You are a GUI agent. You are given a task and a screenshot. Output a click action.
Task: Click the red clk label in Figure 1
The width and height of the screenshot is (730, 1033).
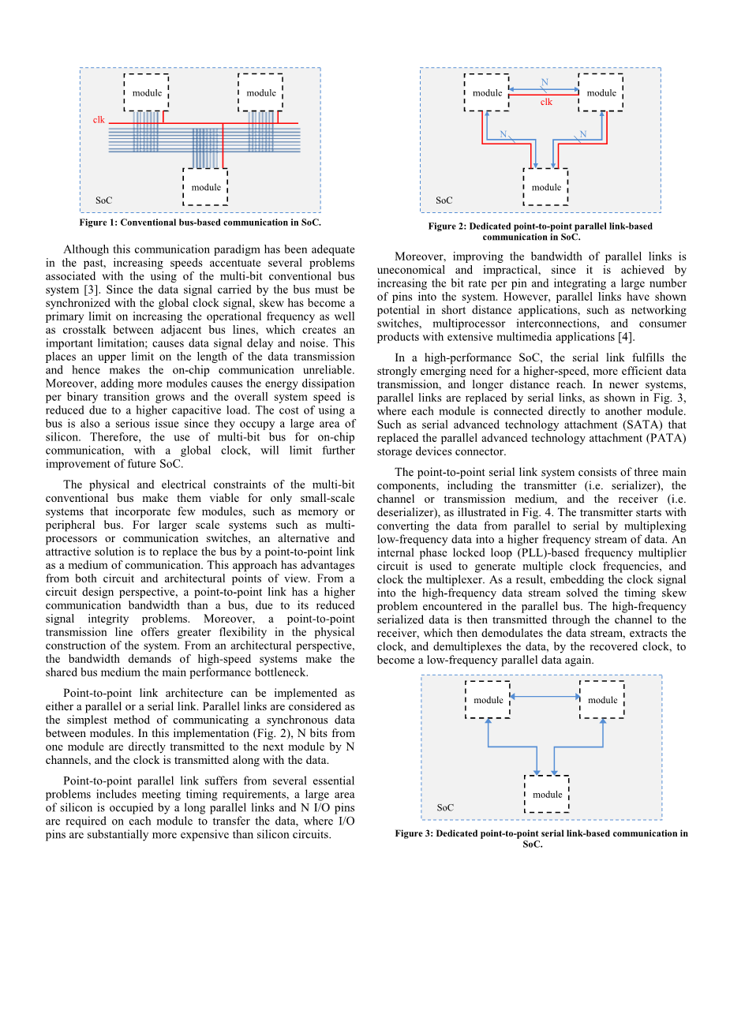[x=99, y=120]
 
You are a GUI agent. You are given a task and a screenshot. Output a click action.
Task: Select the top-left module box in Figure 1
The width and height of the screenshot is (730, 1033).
[x=146, y=92]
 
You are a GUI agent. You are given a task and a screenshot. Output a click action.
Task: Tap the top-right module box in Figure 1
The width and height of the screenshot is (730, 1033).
[x=260, y=92]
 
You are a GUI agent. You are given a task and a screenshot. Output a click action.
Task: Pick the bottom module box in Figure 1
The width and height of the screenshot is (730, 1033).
[x=205, y=187]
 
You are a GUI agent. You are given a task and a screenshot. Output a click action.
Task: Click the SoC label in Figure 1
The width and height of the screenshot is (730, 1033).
[x=103, y=200]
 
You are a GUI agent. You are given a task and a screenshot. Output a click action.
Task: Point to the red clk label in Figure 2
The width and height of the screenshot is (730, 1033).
[x=546, y=103]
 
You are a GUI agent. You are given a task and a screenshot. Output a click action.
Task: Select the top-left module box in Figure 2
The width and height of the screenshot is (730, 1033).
[x=487, y=92]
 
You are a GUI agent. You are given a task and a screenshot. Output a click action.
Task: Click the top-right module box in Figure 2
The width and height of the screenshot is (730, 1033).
[x=601, y=92]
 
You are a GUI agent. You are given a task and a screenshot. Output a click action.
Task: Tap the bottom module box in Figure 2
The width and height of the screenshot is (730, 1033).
[x=545, y=187]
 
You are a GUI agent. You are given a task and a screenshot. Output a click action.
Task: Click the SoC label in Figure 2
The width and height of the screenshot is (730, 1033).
[x=444, y=200]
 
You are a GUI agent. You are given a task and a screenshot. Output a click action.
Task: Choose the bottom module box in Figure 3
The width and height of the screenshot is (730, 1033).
[x=547, y=794]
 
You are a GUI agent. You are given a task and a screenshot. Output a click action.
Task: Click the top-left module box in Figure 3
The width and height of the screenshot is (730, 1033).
[x=488, y=700]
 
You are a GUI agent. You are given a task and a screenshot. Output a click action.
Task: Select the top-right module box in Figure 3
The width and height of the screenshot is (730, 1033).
[x=602, y=700]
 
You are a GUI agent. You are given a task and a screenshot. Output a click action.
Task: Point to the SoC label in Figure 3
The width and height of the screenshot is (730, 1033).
[x=445, y=808]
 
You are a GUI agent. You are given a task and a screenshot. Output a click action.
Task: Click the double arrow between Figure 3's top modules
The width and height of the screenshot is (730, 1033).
[x=545, y=697]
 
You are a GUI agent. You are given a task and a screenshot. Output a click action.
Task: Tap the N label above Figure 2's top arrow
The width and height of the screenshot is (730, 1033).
[x=545, y=82]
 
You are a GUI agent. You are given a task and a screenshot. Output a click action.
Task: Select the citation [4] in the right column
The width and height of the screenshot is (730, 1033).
[x=626, y=337]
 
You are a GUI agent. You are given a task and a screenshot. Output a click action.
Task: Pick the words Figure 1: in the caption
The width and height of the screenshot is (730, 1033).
[x=99, y=223]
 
